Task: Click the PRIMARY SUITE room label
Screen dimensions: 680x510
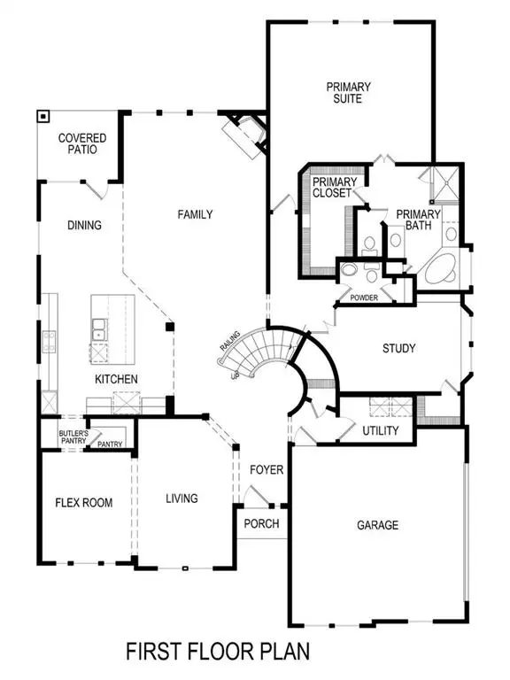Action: point(348,93)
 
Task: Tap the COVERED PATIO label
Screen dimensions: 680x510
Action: point(82,143)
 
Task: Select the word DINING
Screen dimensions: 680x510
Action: point(84,225)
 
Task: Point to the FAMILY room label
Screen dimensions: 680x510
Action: point(195,214)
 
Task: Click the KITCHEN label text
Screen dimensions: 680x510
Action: point(116,379)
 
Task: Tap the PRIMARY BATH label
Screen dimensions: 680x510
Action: point(417,220)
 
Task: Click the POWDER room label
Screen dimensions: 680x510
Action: point(364,297)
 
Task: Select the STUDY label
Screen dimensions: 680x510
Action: point(398,348)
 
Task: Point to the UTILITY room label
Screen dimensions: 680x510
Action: point(380,430)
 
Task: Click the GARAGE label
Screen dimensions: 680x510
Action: point(377,525)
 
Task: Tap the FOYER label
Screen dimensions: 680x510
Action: point(266,469)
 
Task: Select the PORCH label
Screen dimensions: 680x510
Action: point(261,523)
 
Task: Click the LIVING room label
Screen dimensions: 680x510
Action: point(182,498)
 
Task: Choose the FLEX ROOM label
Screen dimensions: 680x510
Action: point(84,503)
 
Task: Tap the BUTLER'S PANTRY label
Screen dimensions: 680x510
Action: point(72,435)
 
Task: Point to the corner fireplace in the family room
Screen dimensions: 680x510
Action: point(242,135)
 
